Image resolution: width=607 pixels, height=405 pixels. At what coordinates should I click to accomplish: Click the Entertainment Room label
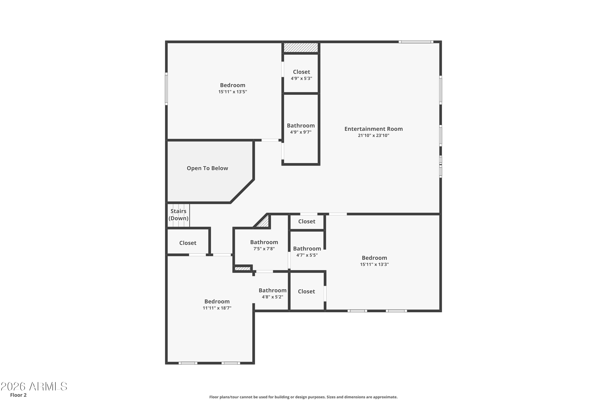coord(374,129)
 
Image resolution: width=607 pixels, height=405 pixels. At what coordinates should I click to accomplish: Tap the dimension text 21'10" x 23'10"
coord(374,135)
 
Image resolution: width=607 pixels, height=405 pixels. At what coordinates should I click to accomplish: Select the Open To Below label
coord(207,168)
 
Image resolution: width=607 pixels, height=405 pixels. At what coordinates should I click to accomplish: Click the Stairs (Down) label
coord(178,215)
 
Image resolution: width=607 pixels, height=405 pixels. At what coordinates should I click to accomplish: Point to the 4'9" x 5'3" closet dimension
coord(301,78)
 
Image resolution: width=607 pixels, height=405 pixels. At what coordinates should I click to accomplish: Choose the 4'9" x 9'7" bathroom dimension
coord(301,132)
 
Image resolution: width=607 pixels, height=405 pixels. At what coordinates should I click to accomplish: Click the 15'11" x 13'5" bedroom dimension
coord(232,92)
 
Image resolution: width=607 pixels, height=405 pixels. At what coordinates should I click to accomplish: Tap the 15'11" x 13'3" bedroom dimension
coord(374,264)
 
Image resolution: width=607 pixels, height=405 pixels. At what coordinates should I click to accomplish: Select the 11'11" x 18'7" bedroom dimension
coord(217,308)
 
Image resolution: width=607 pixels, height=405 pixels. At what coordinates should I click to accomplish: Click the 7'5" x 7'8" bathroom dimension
coord(264,249)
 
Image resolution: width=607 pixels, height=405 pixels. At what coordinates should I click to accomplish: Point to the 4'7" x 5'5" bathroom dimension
coord(307,255)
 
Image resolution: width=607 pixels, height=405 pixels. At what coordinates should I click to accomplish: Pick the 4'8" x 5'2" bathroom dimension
coord(273,297)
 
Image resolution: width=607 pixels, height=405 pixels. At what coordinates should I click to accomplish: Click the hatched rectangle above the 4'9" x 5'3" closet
coord(301,48)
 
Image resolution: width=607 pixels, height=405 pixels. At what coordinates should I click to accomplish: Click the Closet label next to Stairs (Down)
coord(188,243)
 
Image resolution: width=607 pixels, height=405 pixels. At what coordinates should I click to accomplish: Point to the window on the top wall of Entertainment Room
coord(416,42)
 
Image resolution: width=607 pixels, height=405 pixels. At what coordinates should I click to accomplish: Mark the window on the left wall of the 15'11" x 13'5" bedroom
coord(167,89)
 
